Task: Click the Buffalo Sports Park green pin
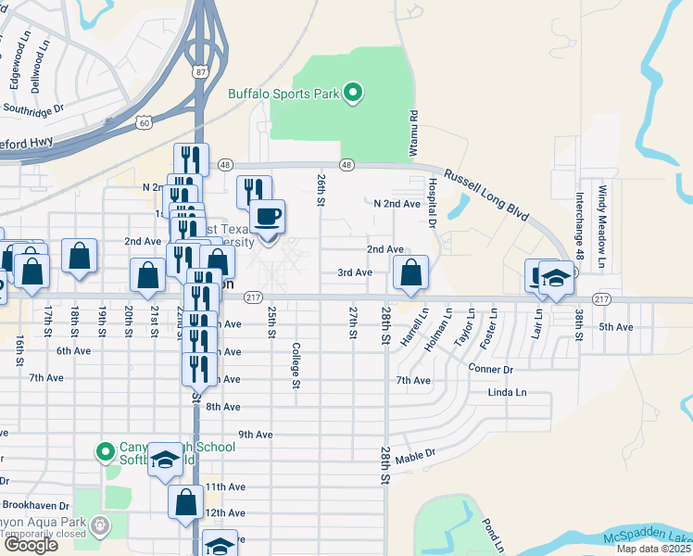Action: coord(352,93)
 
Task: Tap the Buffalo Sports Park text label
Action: coord(283,93)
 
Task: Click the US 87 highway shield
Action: coord(202,70)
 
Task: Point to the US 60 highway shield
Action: coord(141,121)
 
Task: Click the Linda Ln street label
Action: coord(507,393)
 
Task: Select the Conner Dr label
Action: coord(491,369)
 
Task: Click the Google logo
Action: coord(31,545)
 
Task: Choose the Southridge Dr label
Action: coord(32,108)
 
